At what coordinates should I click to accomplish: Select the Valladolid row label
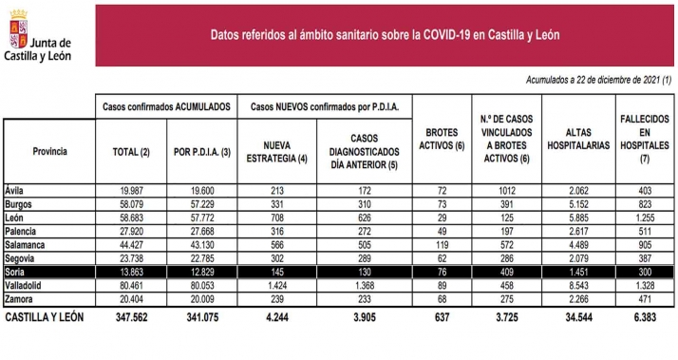[x=23, y=286]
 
